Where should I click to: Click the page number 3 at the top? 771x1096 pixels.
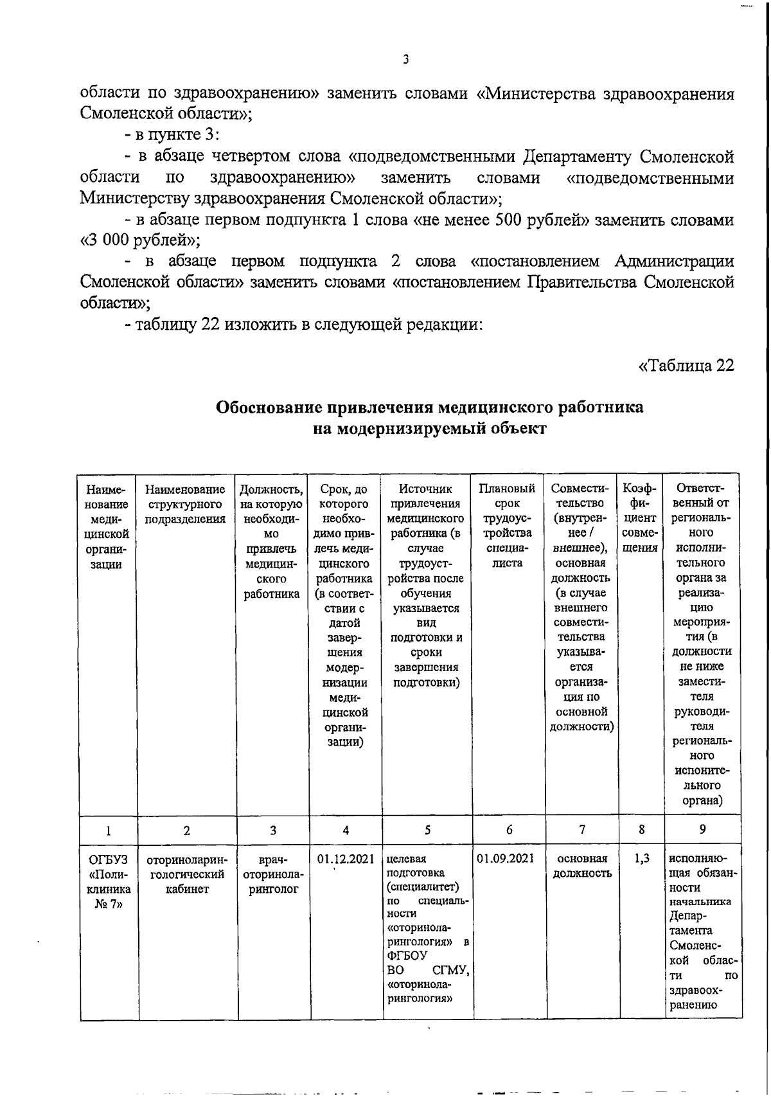405,60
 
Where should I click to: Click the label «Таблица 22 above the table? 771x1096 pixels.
686,366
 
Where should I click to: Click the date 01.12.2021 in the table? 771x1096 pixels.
346,859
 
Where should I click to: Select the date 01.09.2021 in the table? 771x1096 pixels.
506,859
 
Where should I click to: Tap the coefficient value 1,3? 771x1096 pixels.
641,859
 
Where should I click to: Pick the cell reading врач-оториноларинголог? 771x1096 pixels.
273,874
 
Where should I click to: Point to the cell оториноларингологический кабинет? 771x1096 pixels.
186,874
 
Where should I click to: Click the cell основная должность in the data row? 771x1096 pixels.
582,866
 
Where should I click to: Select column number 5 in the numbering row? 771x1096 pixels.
428,830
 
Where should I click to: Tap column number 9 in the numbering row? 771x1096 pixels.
702,830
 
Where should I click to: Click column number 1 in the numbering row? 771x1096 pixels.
108,830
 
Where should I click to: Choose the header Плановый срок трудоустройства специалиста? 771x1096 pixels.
508,526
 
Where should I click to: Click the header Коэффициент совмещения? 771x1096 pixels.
641,518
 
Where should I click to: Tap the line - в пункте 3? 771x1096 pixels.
172,136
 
